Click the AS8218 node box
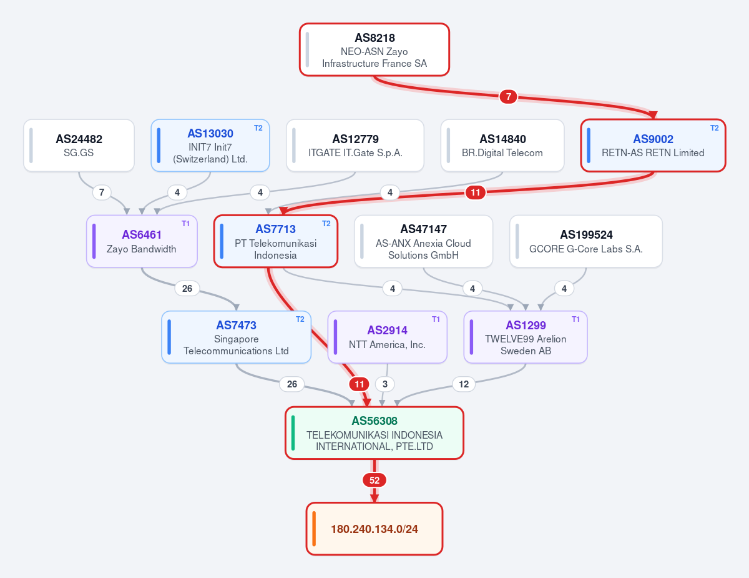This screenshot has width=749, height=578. (x=374, y=50)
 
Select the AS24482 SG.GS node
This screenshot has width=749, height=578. (x=79, y=145)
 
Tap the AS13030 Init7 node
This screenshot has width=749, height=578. (x=210, y=145)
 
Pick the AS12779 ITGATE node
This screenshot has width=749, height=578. (x=355, y=145)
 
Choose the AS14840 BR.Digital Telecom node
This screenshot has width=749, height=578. (x=502, y=145)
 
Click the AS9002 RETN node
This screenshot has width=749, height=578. (x=653, y=145)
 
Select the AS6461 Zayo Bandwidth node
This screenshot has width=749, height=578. (x=142, y=241)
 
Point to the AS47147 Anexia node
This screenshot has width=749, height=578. (x=423, y=241)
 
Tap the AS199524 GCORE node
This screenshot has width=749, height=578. (x=586, y=241)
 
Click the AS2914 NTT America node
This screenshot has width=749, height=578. (x=388, y=337)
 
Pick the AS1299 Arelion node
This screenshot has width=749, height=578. (x=526, y=337)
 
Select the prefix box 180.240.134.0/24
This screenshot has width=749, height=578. (x=374, y=529)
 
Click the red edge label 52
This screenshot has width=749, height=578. (x=374, y=480)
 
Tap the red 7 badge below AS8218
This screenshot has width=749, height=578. (x=508, y=97)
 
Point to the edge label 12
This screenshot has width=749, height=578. (x=464, y=384)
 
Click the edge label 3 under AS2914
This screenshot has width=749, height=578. (x=385, y=384)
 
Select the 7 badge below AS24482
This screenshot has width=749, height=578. (x=102, y=192)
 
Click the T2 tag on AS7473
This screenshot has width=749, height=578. (x=300, y=319)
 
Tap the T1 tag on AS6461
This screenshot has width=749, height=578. (x=185, y=224)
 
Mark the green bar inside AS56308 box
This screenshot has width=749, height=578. (x=293, y=433)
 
